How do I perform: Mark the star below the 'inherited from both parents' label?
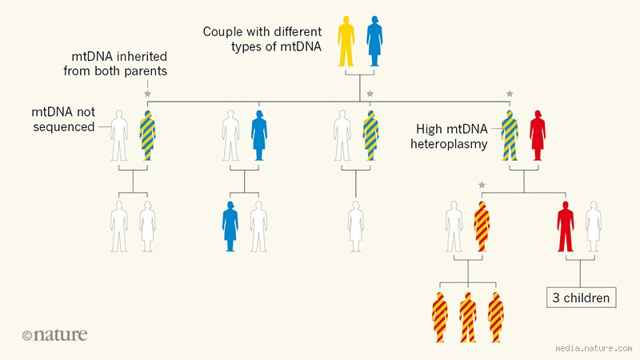point(147,94)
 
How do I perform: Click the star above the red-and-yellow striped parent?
point(482,186)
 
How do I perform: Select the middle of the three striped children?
point(467,318)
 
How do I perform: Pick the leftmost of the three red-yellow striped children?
point(439,318)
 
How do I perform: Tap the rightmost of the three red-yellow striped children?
point(496,318)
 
